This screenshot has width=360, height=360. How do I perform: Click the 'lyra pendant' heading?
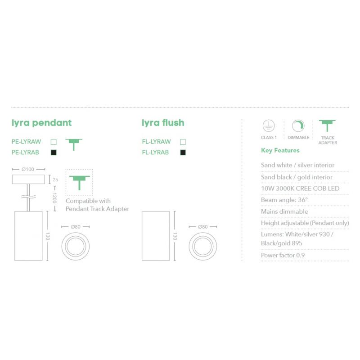coord(41,123)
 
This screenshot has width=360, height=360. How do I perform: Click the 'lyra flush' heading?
coord(163,122)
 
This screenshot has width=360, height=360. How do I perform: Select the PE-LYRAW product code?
coord(26,142)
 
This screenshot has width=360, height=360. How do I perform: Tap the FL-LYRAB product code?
coord(155,152)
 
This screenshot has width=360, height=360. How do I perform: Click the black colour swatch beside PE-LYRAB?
coord(54,152)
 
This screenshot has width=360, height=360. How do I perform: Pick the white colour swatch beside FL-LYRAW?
coord(183,142)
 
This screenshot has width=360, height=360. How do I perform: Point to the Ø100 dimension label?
coord(28,169)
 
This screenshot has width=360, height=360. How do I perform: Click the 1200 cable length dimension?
coord(54,198)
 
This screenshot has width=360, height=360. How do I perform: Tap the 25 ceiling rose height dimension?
coord(55,180)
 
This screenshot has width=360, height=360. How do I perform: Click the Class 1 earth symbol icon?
coord(269,126)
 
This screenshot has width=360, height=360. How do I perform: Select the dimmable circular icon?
coord(298,126)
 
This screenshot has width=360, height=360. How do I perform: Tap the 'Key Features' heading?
coord(280,150)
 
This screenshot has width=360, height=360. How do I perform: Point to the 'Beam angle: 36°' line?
coord(284,200)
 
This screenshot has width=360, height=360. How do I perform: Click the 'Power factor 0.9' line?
coord(283,255)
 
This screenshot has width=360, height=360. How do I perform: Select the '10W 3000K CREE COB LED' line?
coord(300,189)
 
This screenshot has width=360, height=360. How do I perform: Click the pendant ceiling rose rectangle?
coord(28,179)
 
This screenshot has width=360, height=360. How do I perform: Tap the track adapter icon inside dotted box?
coord(80,183)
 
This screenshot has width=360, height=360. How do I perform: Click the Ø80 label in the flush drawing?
coord(203,227)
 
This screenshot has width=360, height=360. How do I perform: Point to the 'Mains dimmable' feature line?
coord(284,211)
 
